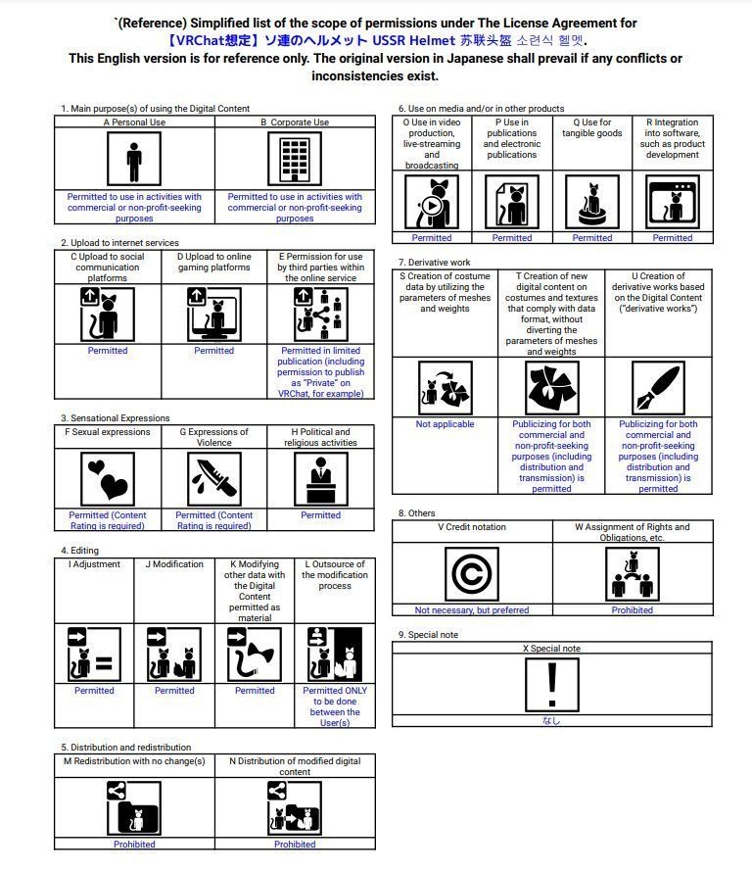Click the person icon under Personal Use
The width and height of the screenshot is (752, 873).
(x=134, y=159)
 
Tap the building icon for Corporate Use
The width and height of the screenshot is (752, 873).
(x=295, y=159)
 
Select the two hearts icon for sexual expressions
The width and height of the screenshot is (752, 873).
(x=108, y=478)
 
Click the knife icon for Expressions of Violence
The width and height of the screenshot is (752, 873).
(x=213, y=478)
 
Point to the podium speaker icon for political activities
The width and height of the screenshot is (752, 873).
(x=320, y=478)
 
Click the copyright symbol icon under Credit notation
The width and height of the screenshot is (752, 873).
(x=472, y=573)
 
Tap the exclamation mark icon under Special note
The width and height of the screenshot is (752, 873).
(x=552, y=682)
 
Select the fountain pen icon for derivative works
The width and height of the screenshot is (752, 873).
(x=658, y=388)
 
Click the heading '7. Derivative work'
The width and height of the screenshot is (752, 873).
(x=435, y=263)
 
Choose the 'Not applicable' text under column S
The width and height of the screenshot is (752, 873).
(x=445, y=424)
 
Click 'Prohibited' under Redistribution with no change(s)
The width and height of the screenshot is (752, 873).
(x=134, y=844)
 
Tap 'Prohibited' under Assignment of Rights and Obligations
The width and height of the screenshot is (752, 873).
(x=633, y=609)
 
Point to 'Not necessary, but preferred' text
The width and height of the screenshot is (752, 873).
(x=472, y=609)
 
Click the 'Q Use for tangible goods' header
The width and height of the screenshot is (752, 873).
(x=592, y=128)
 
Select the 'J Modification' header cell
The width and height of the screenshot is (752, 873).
(x=174, y=564)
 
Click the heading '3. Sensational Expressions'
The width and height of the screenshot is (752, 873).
(x=115, y=418)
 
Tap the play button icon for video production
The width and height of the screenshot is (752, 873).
(x=431, y=207)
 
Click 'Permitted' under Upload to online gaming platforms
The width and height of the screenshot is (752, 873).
(x=213, y=350)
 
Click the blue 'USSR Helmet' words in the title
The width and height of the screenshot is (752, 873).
(x=411, y=41)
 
